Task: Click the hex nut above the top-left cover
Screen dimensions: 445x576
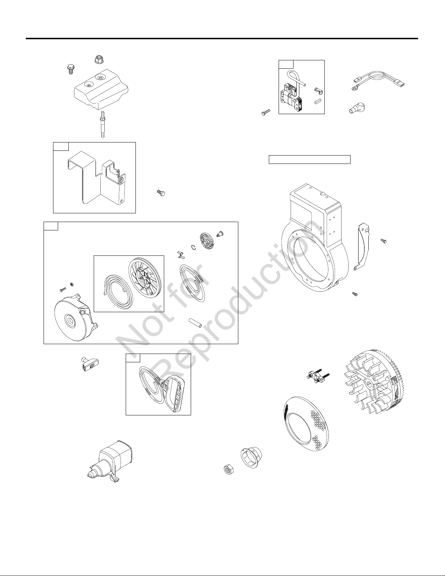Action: coord(98,59)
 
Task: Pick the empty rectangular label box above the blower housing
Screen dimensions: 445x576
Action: coord(310,160)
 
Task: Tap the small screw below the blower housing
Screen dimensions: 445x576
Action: coord(355,294)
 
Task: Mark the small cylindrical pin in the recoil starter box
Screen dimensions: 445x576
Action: coord(195,323)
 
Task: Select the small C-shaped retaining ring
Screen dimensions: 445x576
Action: coord(194,247)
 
